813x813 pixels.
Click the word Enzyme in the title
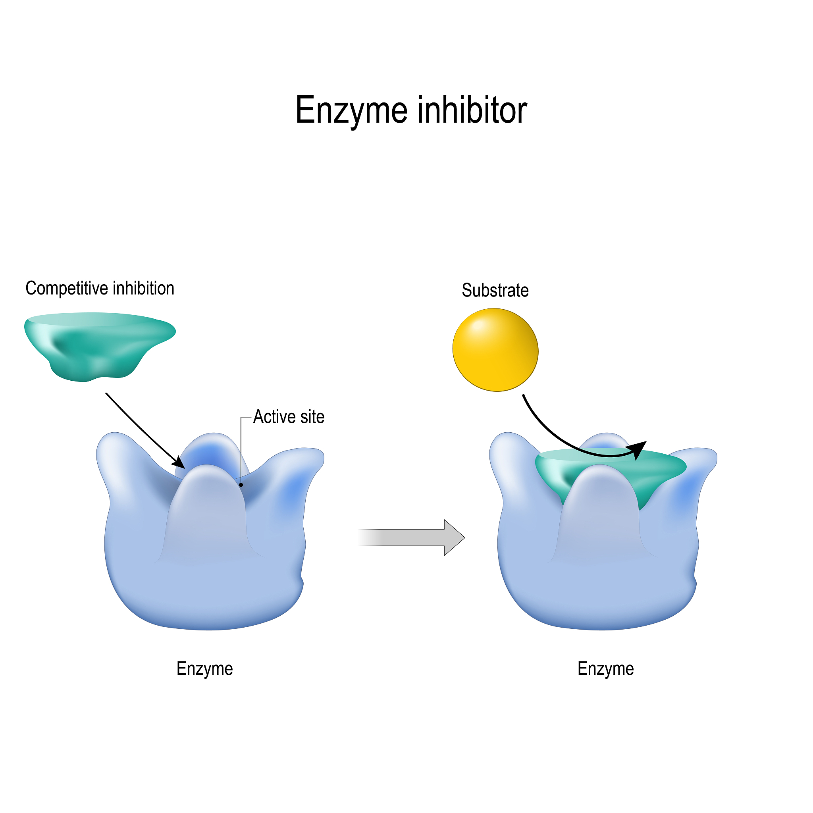[x=351, y=110]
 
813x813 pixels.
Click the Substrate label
[x=495, y=290]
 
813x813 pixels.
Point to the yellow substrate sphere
[x=495, y=350]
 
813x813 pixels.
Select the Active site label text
[x=289, y=417]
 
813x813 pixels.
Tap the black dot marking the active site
[x=241, y=485]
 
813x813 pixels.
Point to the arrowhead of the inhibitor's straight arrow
[x=180, y=464]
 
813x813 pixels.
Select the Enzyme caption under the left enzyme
[x=204, y=669]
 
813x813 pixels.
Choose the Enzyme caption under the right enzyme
[x=605, y=669]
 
